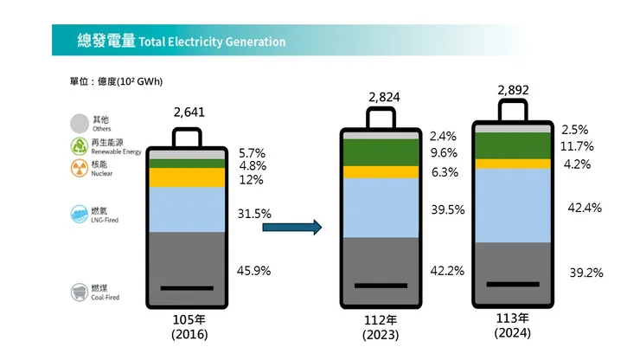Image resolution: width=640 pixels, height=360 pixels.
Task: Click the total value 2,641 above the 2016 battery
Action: (x=189, y=113)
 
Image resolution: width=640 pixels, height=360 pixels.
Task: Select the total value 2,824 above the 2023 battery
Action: (x=384, y=97)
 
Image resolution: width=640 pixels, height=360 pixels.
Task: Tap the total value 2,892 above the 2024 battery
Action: (x=514, y=90)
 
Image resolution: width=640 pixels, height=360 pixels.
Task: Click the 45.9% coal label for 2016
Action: (x=253, y=271)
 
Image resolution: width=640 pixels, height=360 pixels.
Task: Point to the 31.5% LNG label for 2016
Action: (x=254, y=213)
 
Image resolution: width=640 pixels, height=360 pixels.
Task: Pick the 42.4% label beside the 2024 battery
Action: (x=585, y=208)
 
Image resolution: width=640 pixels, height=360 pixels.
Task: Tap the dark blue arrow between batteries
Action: (x=292, y=228)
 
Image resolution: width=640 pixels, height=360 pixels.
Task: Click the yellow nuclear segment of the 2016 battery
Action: (x=187, y=177)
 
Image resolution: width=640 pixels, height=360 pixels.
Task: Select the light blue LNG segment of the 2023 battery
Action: (x=381, y=208)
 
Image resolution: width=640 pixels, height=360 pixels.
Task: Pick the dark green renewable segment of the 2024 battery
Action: (x=513, y=145)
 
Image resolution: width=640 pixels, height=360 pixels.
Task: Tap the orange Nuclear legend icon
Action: (x=79, y=168)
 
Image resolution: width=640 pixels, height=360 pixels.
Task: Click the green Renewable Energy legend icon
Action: (x=79, y=145)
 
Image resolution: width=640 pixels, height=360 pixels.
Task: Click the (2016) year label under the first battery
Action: (x=189, y=334)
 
